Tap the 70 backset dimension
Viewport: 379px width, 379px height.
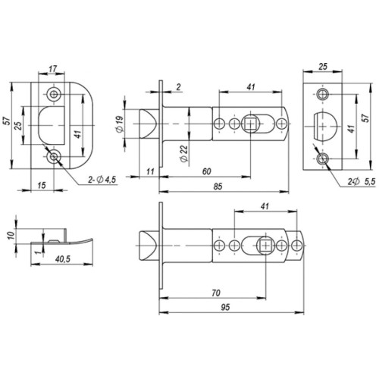215,291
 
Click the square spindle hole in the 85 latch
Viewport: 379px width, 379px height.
252,124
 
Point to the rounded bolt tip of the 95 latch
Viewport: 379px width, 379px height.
147,245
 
